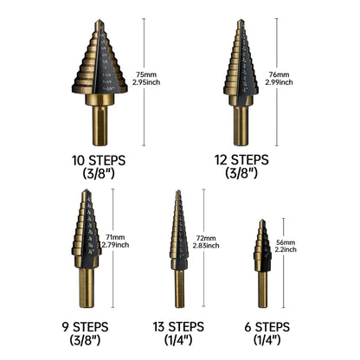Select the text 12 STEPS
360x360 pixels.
point(265,160)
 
